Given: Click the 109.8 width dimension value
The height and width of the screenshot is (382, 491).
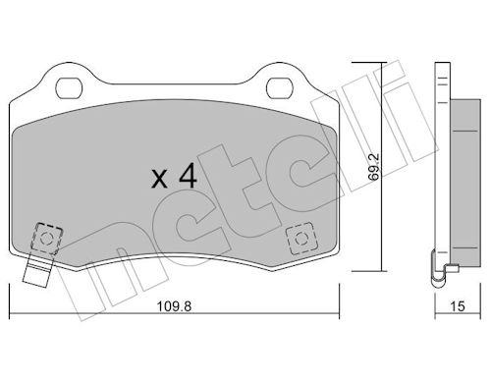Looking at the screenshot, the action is (x=174, y=306).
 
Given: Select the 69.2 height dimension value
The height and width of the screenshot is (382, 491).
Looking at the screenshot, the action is (x=373, y=167).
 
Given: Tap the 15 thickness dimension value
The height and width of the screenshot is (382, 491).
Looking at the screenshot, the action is (x=458, y=306).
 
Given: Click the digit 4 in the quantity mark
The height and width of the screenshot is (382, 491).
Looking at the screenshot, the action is (x=188, y=176).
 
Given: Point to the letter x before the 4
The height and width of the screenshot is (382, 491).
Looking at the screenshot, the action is (x=159, y=180).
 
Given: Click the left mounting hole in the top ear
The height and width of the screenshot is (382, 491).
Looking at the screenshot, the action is (x=69, y=88).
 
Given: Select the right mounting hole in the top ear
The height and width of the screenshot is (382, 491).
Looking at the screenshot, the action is (x=279, y=88).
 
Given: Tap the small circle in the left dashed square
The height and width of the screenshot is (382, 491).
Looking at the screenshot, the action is (x=46, y=239).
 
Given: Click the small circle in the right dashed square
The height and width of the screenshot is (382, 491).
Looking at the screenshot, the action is (x=300, y=239).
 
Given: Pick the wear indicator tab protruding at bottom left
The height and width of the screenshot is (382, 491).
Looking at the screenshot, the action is (x=37, y=270).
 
